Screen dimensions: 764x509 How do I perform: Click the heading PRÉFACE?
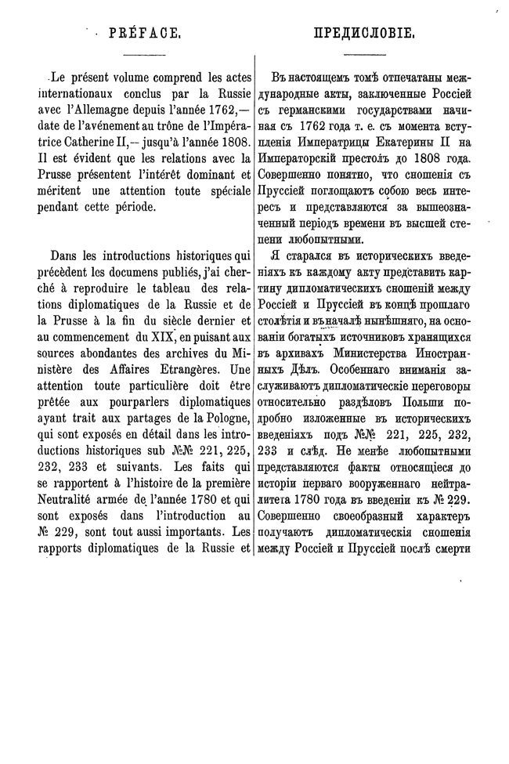(x=144, y=34)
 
